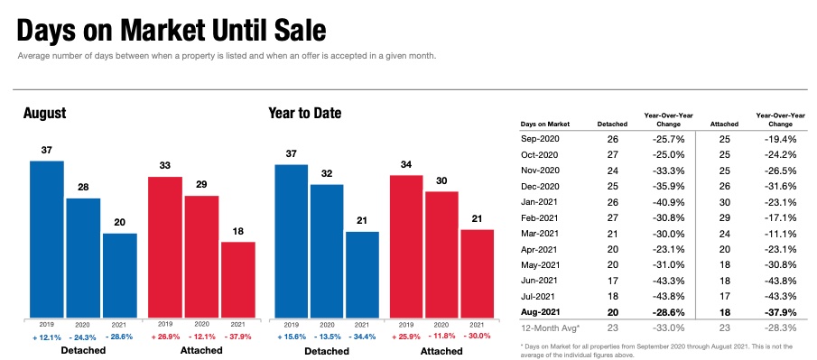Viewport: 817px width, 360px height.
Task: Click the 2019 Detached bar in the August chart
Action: pyautogui.click(x=47, y=239)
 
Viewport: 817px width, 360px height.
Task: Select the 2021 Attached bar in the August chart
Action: pyautogui.click(x=238, y=280)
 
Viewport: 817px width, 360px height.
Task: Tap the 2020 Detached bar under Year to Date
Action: pyautogui.click(x=327, y=251)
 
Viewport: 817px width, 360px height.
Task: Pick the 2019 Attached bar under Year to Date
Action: pyautogui.click(x=406, y=246)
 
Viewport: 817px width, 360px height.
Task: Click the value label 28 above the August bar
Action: pyautogui.click(x=83, y=187)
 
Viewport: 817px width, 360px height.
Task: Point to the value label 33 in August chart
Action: pyautogui.click(x=165, y=165)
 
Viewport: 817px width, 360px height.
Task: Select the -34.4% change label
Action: pyautogui.click(x=362, y=337)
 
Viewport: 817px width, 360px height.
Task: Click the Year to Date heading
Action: pyautogui.click(x=305, y=113)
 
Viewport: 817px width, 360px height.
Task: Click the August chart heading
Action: pyautogui.click(x=45, y=114)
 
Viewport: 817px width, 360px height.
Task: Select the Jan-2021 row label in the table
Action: pyautogui.click(x=539, y=201)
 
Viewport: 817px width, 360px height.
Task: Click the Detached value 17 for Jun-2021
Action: pyautogui.click(x=612, y=281)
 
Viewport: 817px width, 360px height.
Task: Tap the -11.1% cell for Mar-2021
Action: pyautogui.click(x=780, y=233)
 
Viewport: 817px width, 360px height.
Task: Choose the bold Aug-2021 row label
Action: pyautogui.click(x=540, y=312)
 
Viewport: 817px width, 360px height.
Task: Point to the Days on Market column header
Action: pyautogui.click(x=545, y=125)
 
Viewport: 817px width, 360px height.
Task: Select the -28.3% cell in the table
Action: pyautogui.click(x=780, y=328)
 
